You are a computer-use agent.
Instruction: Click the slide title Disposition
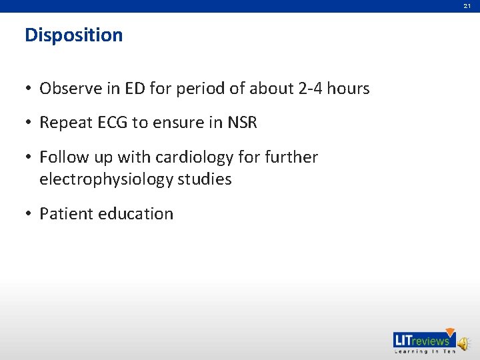pos(73,35)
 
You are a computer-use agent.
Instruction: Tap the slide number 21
pos(467,6)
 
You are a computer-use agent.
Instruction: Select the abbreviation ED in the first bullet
pos(133,88)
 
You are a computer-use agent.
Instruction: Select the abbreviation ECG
pos(109,123)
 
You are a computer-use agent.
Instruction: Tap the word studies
pos(205,179)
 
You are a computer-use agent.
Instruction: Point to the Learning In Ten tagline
pos(423,351)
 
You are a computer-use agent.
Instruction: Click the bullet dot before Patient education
pos(29,214)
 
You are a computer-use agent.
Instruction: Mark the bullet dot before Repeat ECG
pos(29,123)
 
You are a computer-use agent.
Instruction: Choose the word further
pos(290,157)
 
